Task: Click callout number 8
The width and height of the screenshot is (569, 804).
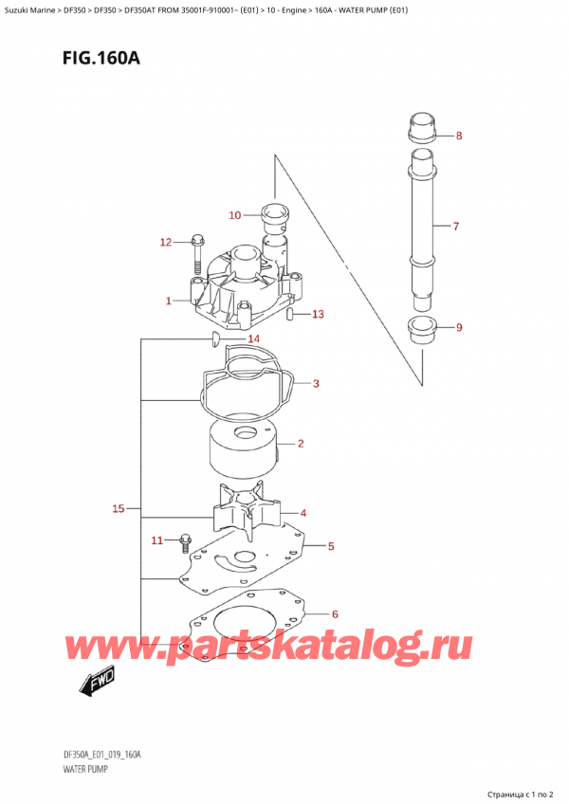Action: [x=459, y=136]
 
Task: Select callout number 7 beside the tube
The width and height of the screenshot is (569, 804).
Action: [x=456, y=227]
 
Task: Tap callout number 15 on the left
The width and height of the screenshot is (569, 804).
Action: [x=119, y=509]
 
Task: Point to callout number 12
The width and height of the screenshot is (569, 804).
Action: [x=165, y=243]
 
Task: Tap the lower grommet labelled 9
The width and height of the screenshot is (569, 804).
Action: [x=422, y=332]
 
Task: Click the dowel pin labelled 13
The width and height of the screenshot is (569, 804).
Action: [x=293, y=314]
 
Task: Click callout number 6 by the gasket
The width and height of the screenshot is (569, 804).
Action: [x=335, y=614]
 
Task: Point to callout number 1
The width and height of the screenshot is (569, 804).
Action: [x=168, y=301]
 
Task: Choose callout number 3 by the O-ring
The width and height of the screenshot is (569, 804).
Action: [x=315, y=384]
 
